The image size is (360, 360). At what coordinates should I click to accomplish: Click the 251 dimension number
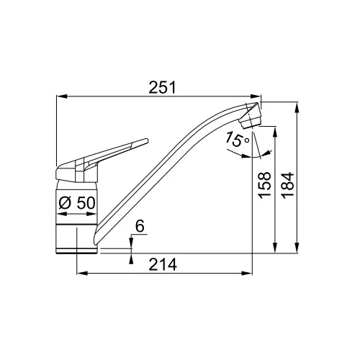pyautogui.click(x=163, y=87)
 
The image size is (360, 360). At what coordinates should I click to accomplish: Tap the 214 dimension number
pyautogui.click(x=163, y=264)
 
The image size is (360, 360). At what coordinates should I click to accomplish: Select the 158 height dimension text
pyautogui.click(x=264, y=185)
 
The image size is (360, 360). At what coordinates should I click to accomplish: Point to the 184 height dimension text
pyautogui.click(x=288, y=185)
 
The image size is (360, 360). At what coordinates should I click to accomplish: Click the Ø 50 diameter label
pyautogui.click(x=77, y=203)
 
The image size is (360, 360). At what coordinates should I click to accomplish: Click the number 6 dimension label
pyautogui.click(x=140, y=226)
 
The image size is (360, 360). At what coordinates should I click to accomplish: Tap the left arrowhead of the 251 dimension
pyautogui.click(x=61, y=96)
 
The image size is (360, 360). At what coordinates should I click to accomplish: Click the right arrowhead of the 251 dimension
pyautogui.click(x=256, y=96)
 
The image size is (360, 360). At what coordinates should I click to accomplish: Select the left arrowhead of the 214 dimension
pyautogui.click(x=82, y=273)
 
